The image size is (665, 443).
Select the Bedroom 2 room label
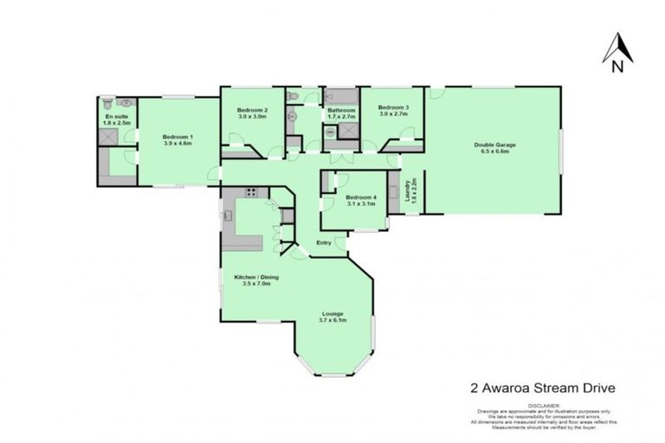pyautogui.click(x=252, y=111)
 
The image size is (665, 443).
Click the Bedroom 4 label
pyautogui.click(x=360, y=198)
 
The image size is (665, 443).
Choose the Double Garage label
pyautogui.click(x=490, y=144)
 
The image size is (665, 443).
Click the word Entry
pyautogui.click(x=324, y=242)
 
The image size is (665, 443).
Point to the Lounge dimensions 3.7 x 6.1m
pyautogui.click(x=333, y=319)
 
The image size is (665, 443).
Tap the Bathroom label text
pyautogui.click(x=341, y=110)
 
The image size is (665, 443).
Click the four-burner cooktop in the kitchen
pyautogui.click(x=252, y=193)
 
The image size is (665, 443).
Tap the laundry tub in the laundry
pyautogui.click(x=393, y=191)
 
